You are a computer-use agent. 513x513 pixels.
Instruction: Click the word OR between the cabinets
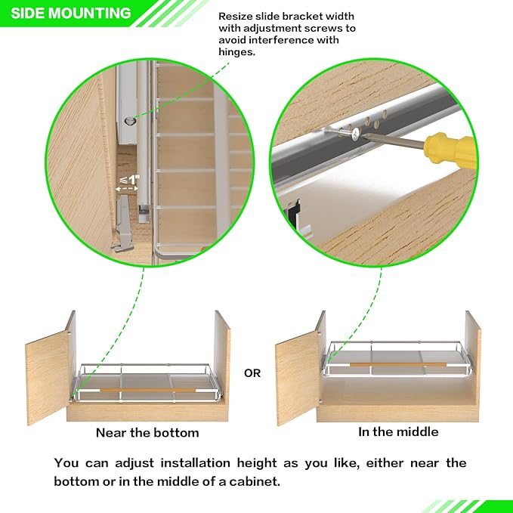pyautogui.click(x=252, y=373)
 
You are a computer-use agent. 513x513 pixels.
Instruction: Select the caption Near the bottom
pyautogui.click(x=147, y=433)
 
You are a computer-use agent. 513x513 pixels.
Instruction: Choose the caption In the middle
pyautogui.click(x=398, y=432)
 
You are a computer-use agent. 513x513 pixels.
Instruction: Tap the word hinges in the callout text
pyautogui.click(x=238, y=52)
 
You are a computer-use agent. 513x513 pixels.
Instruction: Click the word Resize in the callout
pyautogui.click(x=236, y=16)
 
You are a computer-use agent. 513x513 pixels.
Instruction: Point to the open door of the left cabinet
pyautogui.click(x=47, y=375)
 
